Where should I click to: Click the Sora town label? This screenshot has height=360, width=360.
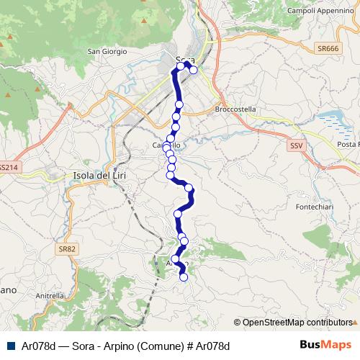point(186,59)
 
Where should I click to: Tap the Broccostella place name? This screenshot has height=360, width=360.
point(235,109)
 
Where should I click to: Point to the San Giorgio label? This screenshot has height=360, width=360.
point(107,52)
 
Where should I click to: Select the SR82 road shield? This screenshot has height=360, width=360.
point(68,249)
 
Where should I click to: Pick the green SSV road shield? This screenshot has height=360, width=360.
point(297,145)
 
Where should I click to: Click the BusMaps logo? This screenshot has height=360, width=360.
point(325,346)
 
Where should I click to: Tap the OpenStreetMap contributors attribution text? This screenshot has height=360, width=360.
point(297,323)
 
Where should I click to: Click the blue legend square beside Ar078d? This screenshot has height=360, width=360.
point(9,346)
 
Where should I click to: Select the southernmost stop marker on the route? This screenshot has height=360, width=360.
point(184,276)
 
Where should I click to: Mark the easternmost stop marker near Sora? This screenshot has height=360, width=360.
point(194,71)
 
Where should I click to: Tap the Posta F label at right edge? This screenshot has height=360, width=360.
point(346,144)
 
